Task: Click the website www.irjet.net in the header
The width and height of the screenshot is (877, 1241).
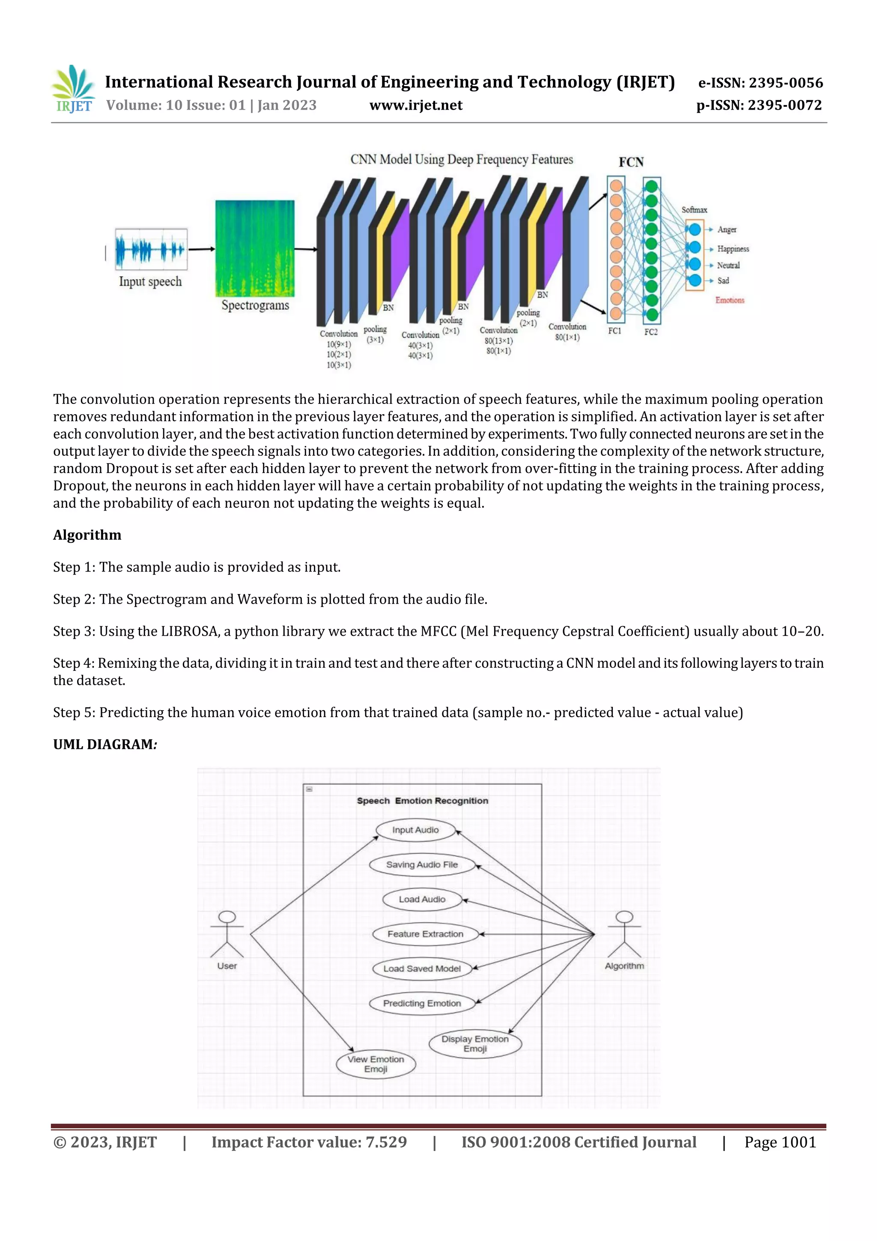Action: pyautogui.click(x=415, y=105)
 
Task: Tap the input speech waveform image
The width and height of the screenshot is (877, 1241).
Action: pyautogui.click(x=151, y=250)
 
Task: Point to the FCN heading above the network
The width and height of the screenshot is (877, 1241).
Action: pyautogui.click(x=631, y=162)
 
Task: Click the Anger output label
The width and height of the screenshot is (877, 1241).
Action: pyautogui.click(x=727, y=230)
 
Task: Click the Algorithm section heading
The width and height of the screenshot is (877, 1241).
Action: pyautogui.click(x=87, y=535)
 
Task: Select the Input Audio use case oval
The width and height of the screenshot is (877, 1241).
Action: pyautogui.click(x=415, y=830)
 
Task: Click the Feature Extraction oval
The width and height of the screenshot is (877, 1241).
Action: pyautogui.click(x=425, y=934)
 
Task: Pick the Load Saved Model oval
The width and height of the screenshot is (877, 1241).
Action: pyautogui.click(x=422, y=969)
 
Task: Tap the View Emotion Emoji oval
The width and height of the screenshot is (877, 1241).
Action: pyautogui.click(x=376, y=1064)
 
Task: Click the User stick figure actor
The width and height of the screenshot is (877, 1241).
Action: pyautogui.click(x=227, y=935)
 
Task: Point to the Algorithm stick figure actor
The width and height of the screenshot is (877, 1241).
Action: pyautogui.click(x=624, y=935)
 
